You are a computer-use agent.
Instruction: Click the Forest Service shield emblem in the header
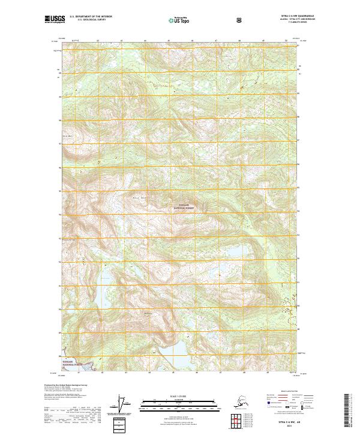(239, 20)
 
